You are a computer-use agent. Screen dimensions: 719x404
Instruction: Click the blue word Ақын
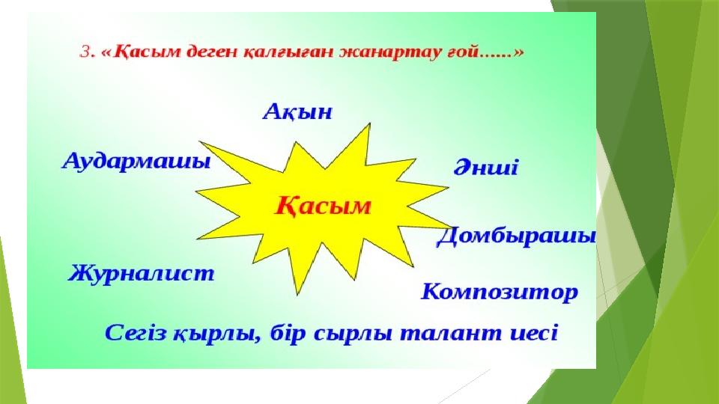[x=297, y=112]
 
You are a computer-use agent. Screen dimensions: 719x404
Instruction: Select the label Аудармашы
[x=136, y=162]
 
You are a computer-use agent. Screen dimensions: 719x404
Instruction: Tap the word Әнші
[x=486, y=167]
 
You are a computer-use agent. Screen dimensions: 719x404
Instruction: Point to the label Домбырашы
[x=516, y=237]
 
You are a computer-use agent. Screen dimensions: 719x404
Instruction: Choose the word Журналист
[x=142, y=274]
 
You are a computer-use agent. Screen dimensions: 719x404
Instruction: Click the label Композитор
[x=500, y=292]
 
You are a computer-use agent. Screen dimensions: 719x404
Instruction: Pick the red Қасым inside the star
[x=323, y=206]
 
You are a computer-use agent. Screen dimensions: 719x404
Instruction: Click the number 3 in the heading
[x=85, y=52]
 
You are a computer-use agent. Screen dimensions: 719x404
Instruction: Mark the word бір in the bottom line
[x=288, y=333]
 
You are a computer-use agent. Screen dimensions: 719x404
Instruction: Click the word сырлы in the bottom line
[x=353, y=334]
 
